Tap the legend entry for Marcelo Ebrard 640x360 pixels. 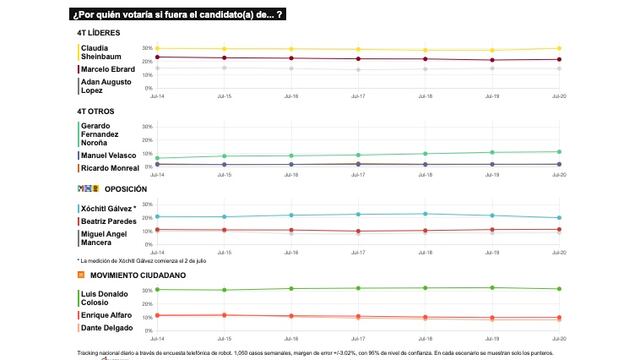tap(108, 68)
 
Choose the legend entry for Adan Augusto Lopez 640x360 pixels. tap(106, 86)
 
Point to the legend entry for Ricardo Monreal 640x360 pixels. tap(111, 169)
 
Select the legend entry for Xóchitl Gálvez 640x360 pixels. tap(109, 207)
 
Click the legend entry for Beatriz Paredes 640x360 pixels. tap(108, 219)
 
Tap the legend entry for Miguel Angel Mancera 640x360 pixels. tap(106, 237)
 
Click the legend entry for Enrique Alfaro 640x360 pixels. tap(106, 315)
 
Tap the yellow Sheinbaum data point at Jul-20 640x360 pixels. tap(559, 48)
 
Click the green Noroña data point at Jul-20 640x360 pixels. tap(559, 152)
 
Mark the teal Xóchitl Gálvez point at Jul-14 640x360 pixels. tap(156, 216)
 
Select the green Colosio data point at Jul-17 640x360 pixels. tap(358, 288)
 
